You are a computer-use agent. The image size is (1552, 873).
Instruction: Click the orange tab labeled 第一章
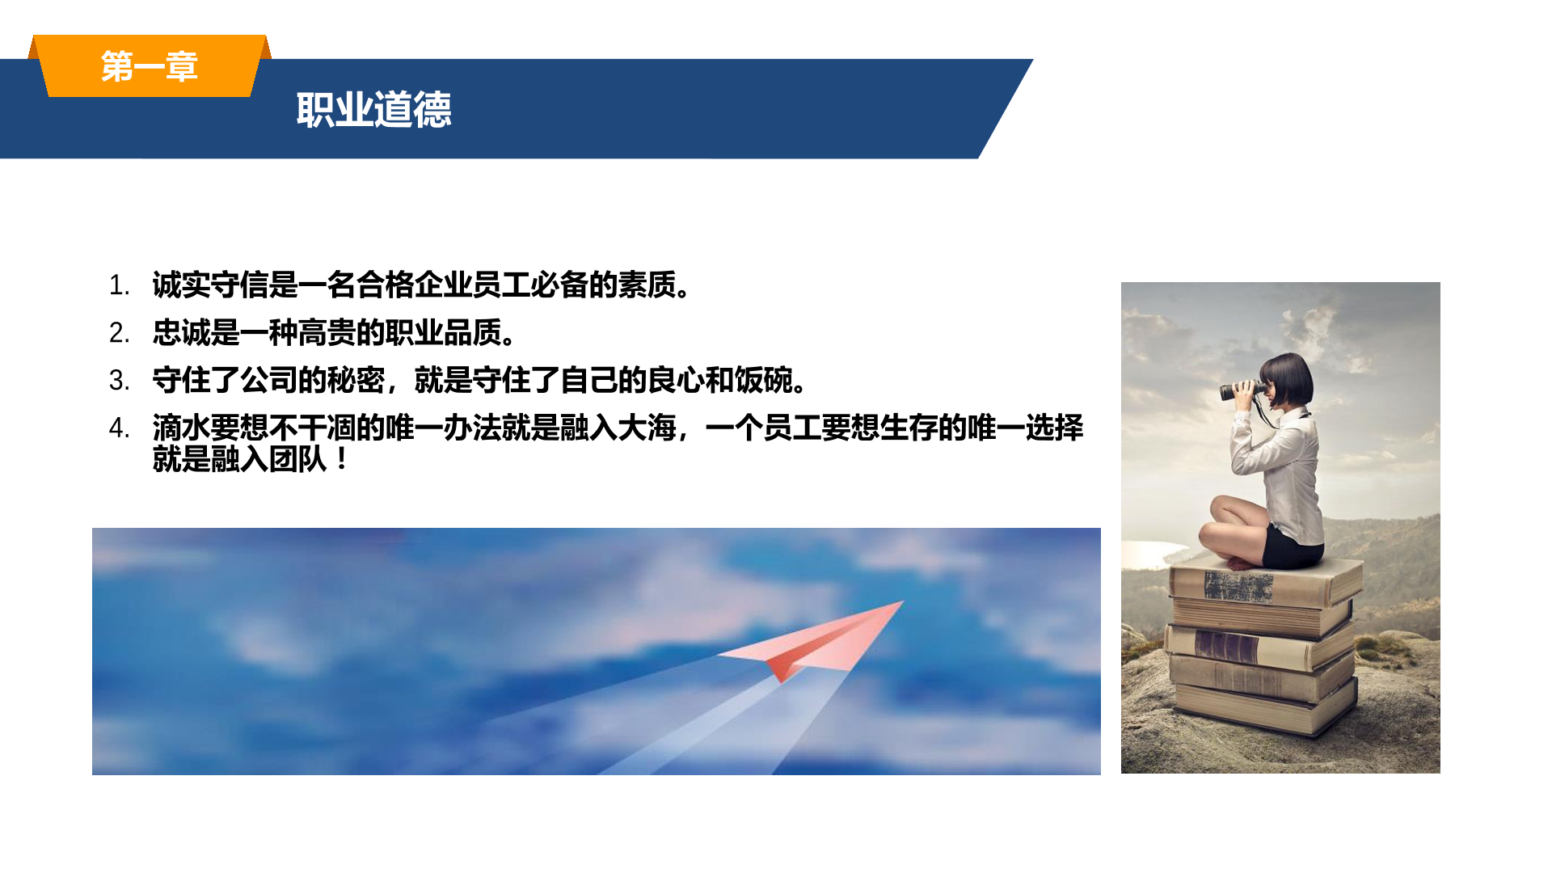[x=150, y=66]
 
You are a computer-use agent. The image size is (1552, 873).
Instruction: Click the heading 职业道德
[x=373, y=110]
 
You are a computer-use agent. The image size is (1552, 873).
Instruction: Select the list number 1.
[x=119, y=285]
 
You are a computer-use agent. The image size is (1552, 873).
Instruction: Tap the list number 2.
[x=119, y=333]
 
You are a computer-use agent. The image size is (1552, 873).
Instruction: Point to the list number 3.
[x=119, y=381]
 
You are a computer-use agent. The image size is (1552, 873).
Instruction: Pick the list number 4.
[x=119, y=428]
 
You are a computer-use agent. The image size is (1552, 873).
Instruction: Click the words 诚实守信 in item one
[x=211, y=285]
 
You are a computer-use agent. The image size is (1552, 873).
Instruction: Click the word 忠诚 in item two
[x=182, y=333]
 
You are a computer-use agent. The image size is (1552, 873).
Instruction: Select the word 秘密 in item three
[x=356, y=381]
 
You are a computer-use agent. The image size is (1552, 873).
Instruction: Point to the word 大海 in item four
[x=647, y=428]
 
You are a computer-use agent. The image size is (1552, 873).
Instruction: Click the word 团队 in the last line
[x=298, y=460]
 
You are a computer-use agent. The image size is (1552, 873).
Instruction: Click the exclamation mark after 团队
[x=342, y=460]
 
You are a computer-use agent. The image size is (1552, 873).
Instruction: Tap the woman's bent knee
[x=1213, y=533]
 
